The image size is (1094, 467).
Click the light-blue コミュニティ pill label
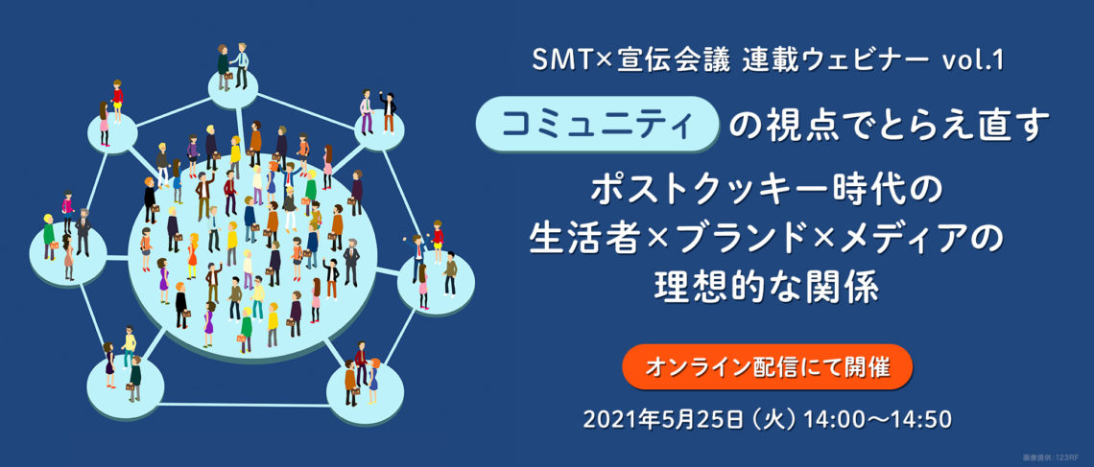click(597, 124)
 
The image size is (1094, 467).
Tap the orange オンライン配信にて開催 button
click(767, 366)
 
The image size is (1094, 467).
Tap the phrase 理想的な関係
click(767, 289)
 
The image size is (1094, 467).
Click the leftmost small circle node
click(68, 251)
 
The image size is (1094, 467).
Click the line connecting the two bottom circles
click(246, 404)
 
